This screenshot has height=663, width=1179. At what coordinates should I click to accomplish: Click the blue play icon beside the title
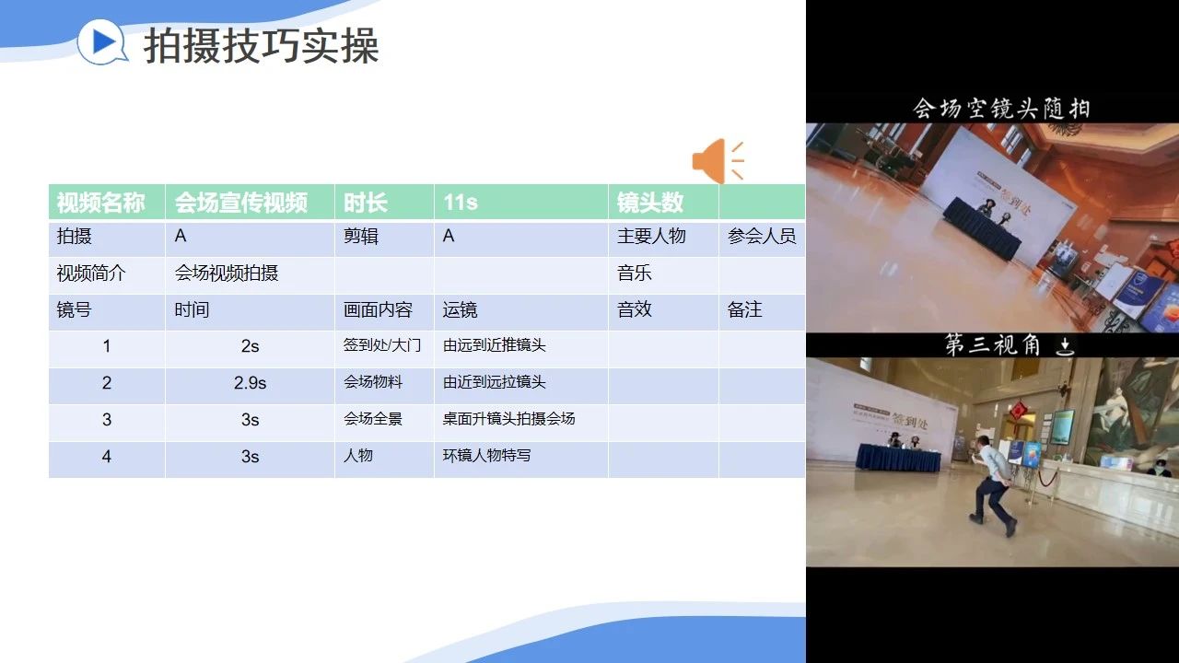point(102,41)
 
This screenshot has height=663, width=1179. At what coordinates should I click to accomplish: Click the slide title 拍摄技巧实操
point(261,46)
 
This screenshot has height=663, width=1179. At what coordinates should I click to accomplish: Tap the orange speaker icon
point(718,161)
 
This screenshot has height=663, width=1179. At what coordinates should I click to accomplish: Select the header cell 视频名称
point(100,203)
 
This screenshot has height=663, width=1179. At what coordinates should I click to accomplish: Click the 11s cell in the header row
point(461,202)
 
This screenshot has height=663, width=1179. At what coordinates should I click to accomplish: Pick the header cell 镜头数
point(650,203)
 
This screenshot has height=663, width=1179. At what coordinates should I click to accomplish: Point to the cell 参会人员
point(762,237)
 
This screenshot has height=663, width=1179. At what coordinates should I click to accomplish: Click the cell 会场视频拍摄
point(227,273)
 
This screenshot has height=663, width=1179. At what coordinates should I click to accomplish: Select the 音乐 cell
point(635,273)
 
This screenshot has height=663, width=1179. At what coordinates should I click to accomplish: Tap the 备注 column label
point(744,309)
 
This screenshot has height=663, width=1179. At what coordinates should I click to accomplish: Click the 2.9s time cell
point(250,383)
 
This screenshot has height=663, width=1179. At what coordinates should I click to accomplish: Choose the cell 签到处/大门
point(382,345)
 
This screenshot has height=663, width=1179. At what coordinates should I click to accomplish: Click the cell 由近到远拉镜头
point(495,382)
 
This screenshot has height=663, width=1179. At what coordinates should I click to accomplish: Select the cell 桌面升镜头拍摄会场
point(509,419)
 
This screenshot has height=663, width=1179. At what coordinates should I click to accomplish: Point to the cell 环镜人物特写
point(487,455)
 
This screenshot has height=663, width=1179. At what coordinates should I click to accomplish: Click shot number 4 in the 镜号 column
point(106,456)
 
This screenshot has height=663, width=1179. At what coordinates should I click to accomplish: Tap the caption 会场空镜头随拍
point(1000,109)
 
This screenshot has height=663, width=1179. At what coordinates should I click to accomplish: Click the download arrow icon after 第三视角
point(1065,346)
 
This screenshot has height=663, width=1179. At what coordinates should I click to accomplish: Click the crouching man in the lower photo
point(992,485)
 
